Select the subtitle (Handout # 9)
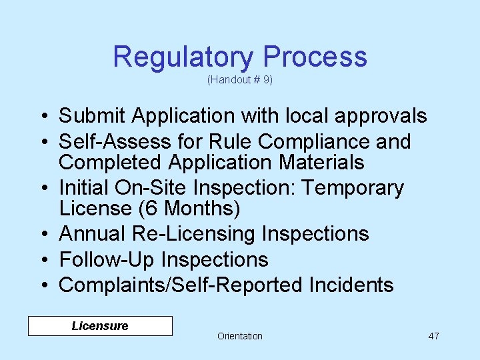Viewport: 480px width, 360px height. [x=240, y=80]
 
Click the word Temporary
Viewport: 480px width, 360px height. [x=353, y=189]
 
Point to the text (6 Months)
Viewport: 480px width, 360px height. [x=189, y=209]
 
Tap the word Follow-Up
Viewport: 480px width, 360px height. [x=107, y=259]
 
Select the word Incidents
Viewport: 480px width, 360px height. [x=351, y=285]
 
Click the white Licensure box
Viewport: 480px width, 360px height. [x=100, y=326]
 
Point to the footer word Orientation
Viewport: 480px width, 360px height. [x=240, y=336]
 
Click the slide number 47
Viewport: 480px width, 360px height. [x=433, y=336]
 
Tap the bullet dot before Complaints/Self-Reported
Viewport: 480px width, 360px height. [x=41, y=286]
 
